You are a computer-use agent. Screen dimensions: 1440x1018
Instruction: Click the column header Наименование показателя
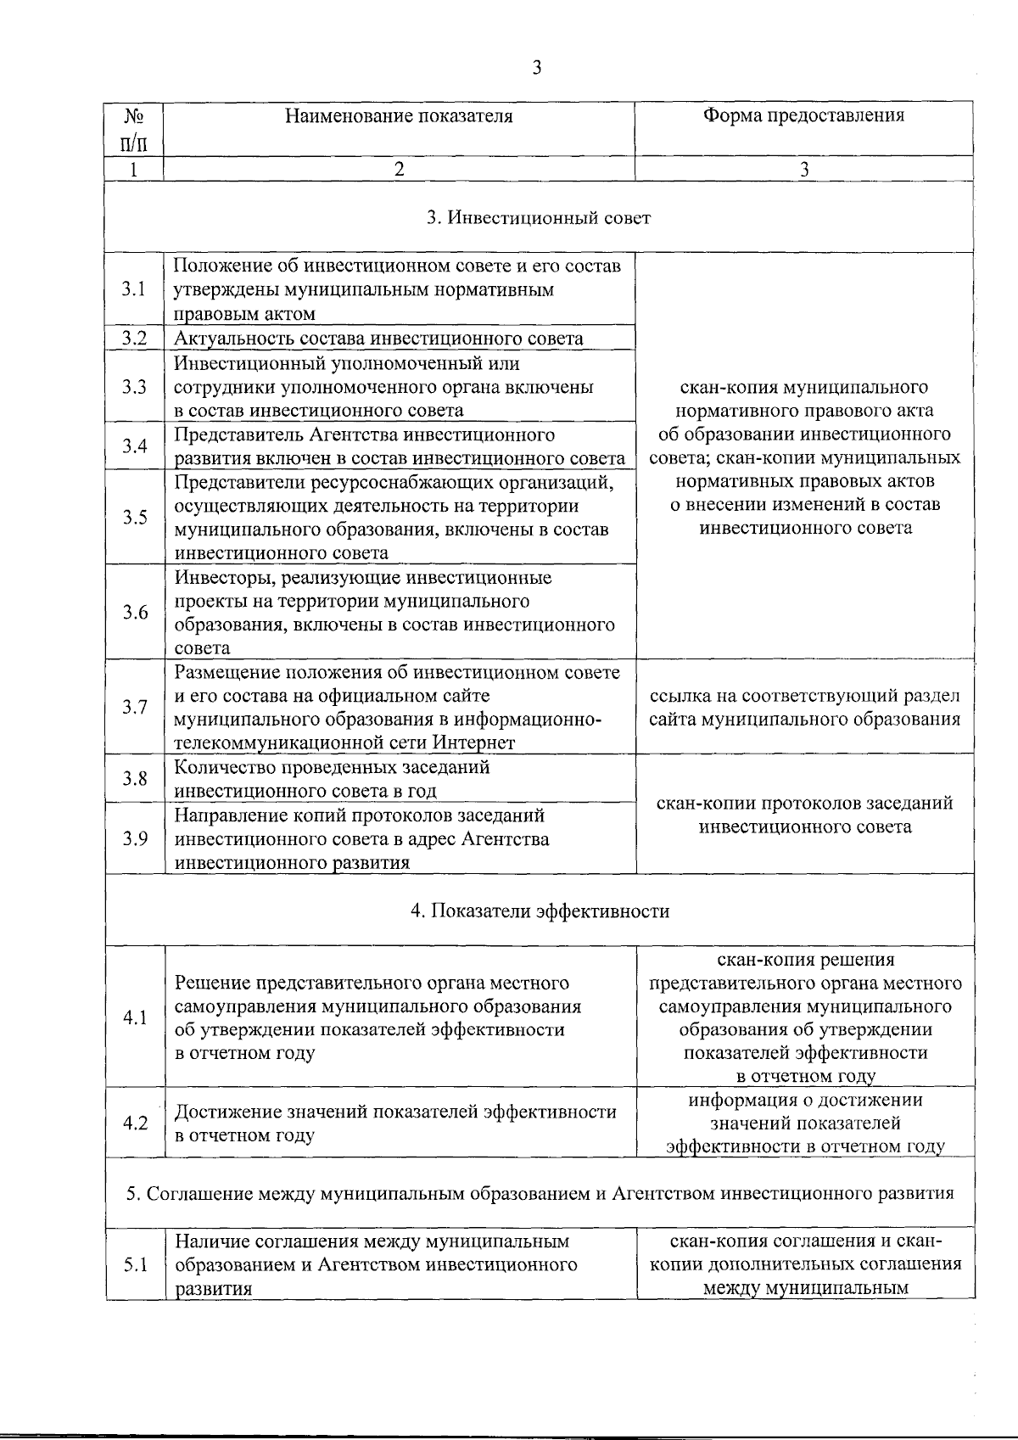click(399, 115)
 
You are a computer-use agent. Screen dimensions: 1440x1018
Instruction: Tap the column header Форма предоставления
click(803, 115)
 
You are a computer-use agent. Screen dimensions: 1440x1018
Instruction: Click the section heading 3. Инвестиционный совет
click(539, 218)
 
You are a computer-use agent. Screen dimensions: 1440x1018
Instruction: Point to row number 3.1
click(134, 289)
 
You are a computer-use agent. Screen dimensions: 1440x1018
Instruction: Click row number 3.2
click(134, 338)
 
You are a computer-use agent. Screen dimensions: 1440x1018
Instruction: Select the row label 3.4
click(134, 446)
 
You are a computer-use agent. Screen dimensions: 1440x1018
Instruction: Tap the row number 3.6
click(134, 612)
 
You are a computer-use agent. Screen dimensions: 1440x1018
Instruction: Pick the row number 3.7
click(134, 707)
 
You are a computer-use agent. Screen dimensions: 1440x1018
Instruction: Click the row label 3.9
click(134, 838)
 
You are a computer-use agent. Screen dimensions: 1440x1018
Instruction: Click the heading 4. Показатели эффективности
click(540, 911)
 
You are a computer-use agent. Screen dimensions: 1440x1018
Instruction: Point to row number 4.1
click(134, 1017)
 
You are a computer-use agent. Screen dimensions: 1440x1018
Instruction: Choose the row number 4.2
click(134, 1123)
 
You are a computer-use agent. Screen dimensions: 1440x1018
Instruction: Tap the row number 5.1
click(134, 1264)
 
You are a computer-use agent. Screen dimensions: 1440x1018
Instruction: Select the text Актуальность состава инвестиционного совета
click(378, 339)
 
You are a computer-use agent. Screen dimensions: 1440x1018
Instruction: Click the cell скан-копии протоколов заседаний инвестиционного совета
click(804, 815)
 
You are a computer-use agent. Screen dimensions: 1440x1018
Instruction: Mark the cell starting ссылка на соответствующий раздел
click(804, 708)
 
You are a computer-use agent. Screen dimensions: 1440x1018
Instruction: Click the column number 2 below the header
click(399, 169)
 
